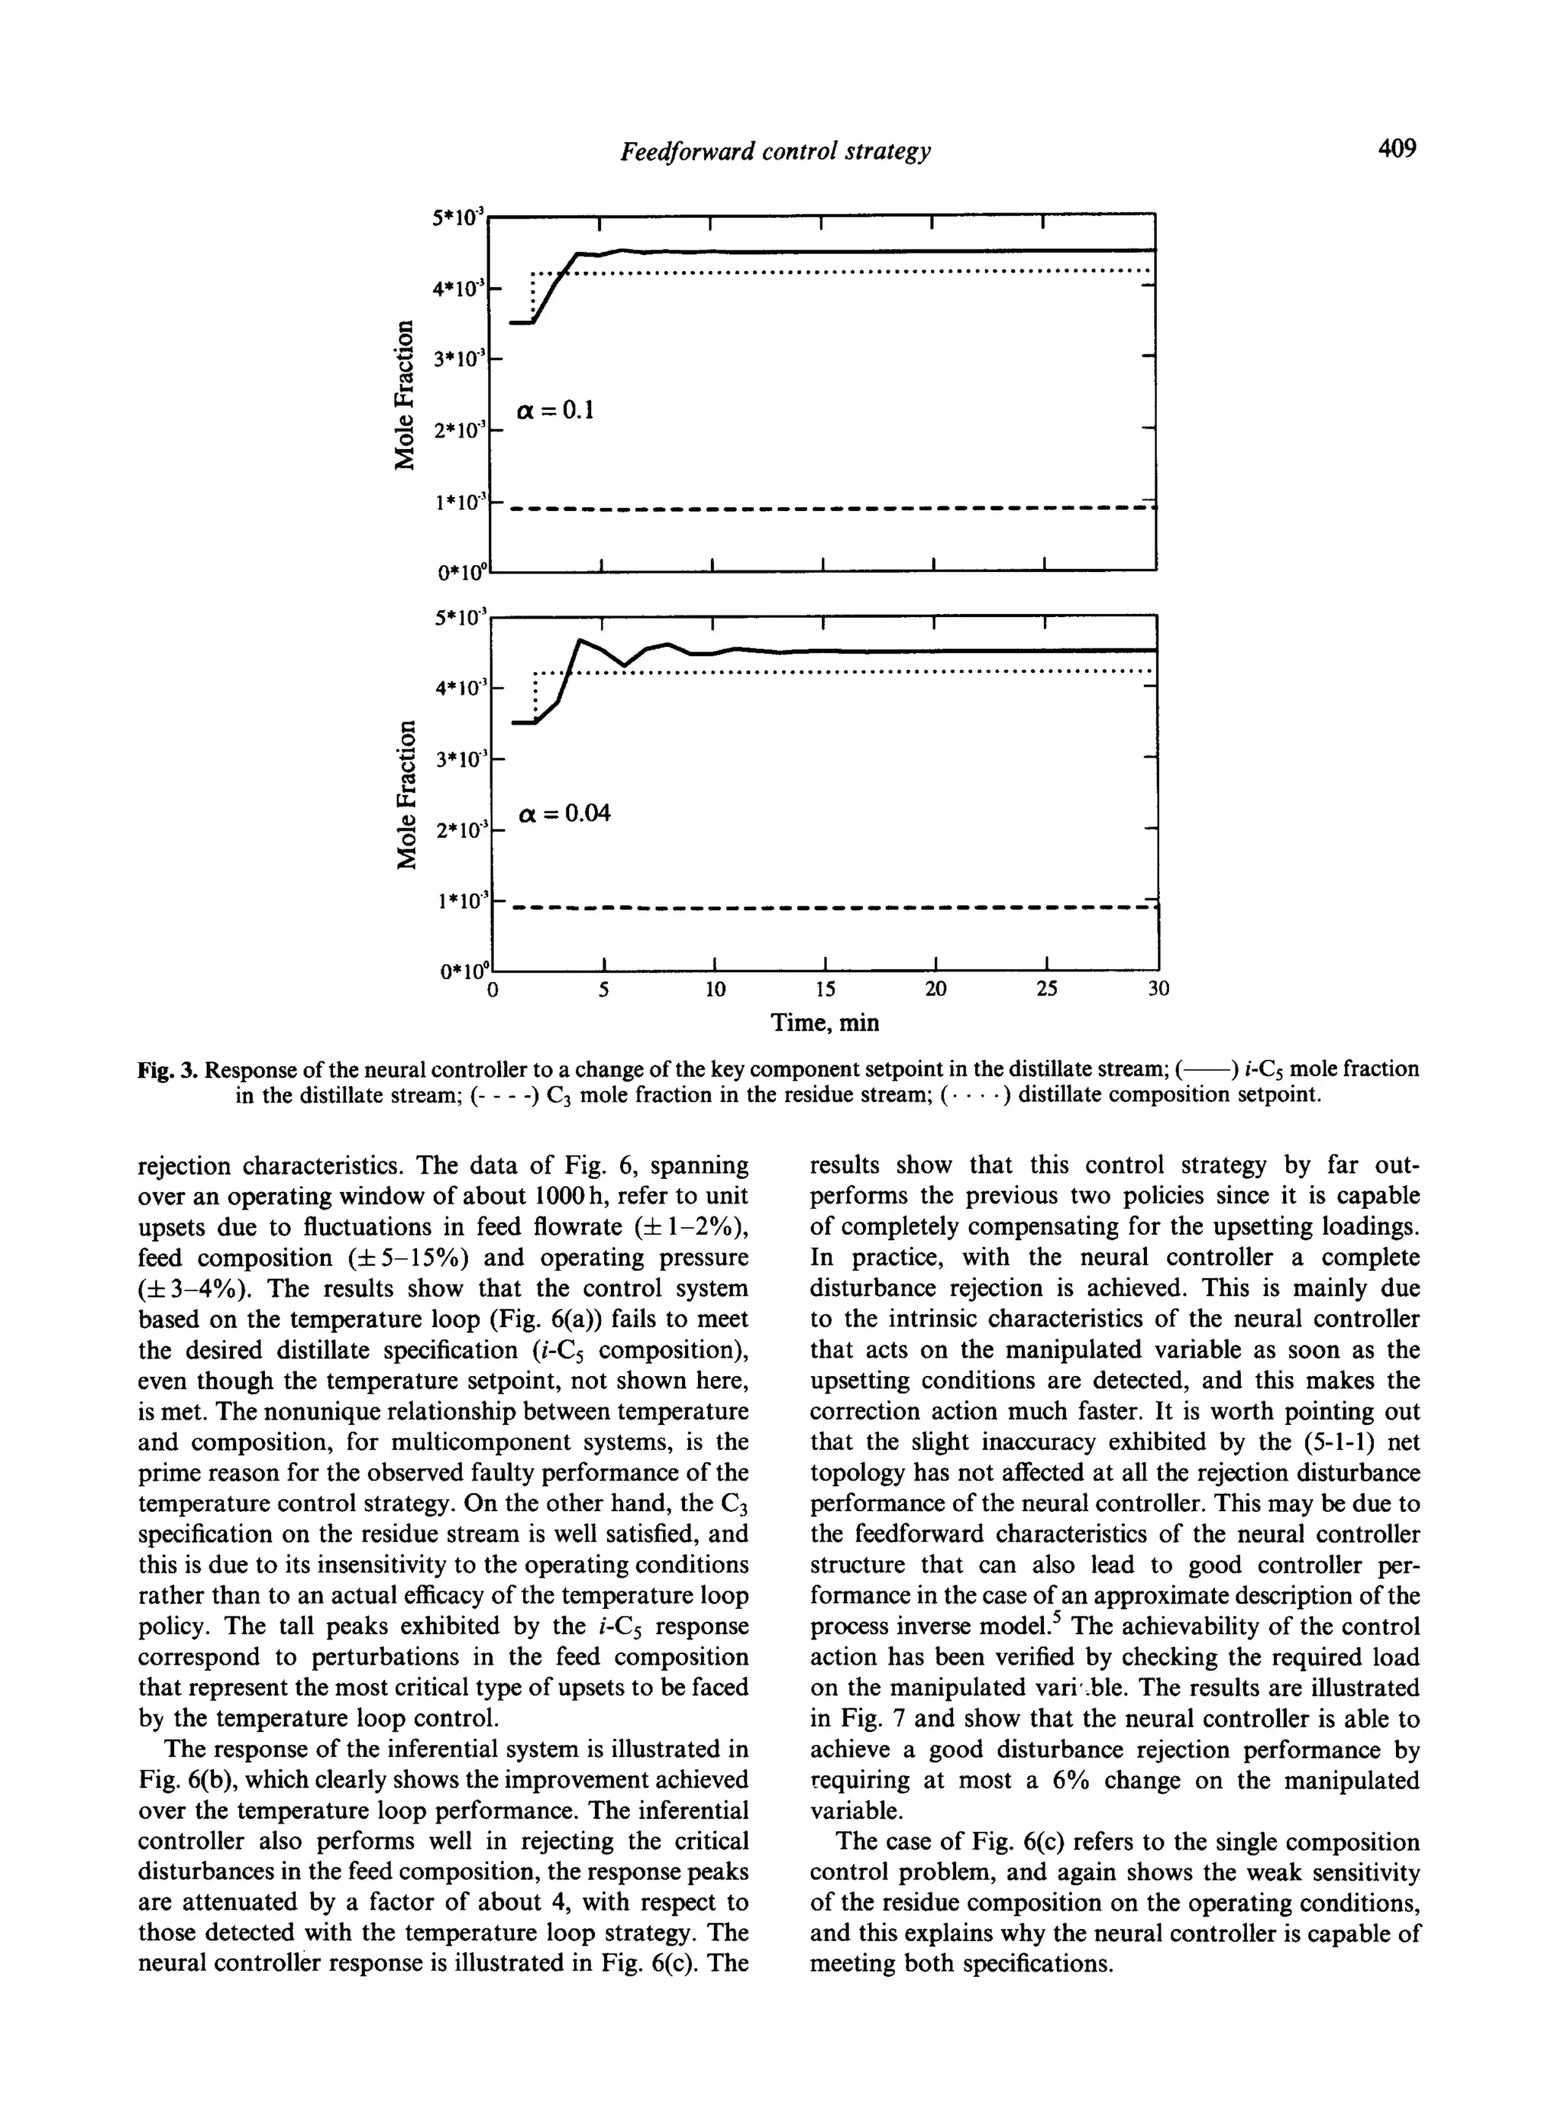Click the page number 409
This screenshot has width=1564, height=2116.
pos(1395,149)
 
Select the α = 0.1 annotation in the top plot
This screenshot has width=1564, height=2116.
pos(554,410)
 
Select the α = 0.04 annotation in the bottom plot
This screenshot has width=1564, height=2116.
pos(565,812)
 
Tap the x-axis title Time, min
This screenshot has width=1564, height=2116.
pos(825,1023)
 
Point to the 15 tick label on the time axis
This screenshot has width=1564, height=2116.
pos(826,990)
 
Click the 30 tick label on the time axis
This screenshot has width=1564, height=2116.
pos(1158,990)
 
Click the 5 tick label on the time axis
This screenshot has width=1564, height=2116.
pos(603,990)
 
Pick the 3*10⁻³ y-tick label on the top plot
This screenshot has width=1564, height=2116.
pos(458,359)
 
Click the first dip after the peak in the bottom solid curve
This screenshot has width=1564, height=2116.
pos(625,664)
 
